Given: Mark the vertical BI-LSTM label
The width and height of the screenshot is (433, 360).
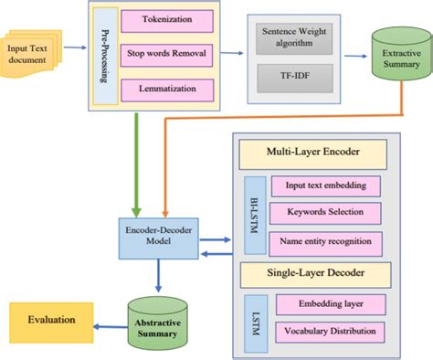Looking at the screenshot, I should click(x=251, y=213).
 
